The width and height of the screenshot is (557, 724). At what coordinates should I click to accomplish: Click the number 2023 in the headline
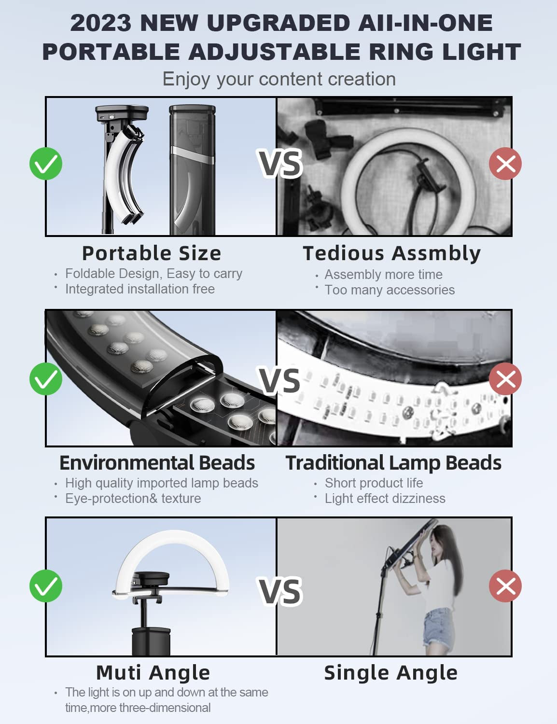click(x=100, y=23)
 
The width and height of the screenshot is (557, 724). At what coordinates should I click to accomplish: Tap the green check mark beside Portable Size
click(x=46, y=164)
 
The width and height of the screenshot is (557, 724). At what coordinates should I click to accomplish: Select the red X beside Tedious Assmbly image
click(x=505, y=164)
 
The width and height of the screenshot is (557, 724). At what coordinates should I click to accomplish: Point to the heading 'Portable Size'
click(x=152, y=253)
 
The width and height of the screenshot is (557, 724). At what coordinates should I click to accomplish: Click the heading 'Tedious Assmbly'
click(x=392, y=254)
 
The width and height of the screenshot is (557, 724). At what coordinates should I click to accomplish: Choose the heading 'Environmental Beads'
click(x=157, y=463)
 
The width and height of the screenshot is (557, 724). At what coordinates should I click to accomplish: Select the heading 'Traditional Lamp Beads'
click(x=393, y=463)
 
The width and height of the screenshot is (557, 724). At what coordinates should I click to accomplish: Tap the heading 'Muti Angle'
click(x=153, y=672)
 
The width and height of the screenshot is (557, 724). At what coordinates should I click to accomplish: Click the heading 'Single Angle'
click(x=391, y=672)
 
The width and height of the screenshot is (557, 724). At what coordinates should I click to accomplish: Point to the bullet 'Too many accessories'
click(x=390, y=290)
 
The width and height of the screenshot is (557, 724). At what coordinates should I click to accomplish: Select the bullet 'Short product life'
click(x=374, y=483)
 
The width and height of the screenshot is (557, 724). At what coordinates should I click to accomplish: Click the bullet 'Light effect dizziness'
click(x=385, y=499)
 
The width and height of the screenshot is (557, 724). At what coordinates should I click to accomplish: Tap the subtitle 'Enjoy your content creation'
click(x=279, y=79)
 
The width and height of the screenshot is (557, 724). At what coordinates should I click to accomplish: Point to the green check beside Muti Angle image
click(x=46, y=586)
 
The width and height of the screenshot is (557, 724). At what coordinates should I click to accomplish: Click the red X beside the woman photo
click(x=505, y=586)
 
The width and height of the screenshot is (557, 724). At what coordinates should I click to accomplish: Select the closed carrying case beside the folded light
click(x=192, y=170)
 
